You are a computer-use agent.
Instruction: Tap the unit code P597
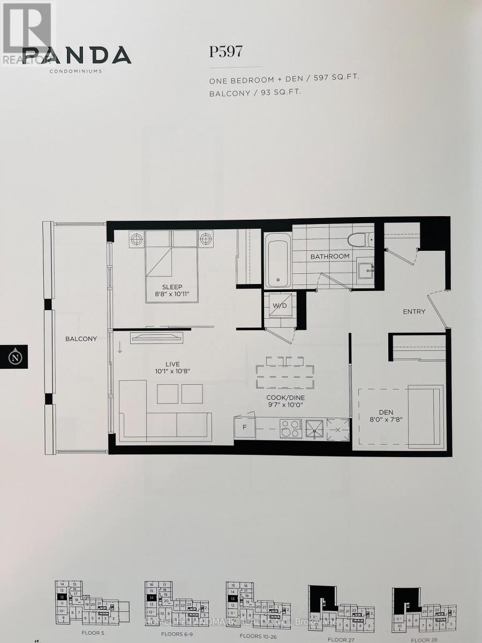coord(225,51)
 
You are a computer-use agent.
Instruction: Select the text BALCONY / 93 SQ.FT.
coord(254,92)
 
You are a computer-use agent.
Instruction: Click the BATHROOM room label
coord(330,256)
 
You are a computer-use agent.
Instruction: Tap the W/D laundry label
coord(280,305)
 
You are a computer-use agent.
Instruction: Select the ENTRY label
coord(414,311)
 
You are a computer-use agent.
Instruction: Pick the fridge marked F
coord(245,428)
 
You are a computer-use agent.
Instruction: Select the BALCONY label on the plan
coord(81,339)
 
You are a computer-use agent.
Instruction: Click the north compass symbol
coord(17,356)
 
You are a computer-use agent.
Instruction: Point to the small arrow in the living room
coord(119,348)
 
